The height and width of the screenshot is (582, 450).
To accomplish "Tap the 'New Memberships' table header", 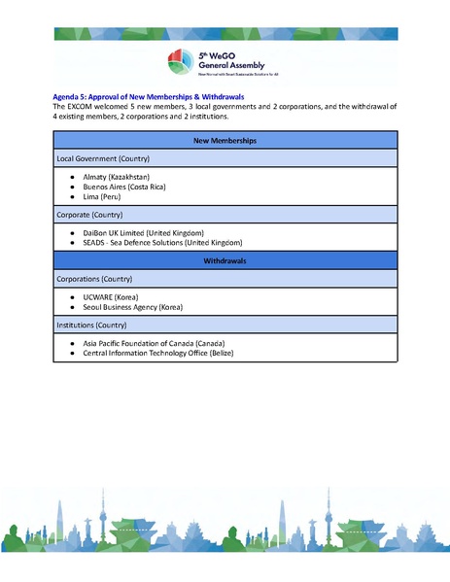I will pyautogui.click(x=225, y=141).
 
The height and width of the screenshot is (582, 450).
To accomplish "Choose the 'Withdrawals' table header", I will pyautogui.click(x=225, y=261).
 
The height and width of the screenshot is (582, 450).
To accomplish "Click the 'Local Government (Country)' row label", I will pyautogui.click(x=102, y=157).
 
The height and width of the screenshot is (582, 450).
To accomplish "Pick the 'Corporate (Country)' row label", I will pyautogui.click(x=90, y=214).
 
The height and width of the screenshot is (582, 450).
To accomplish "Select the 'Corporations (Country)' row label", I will pyautogui.click(x=95, y=278).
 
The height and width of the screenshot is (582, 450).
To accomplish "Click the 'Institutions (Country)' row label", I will pyautogui.click(x=92, y=325).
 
